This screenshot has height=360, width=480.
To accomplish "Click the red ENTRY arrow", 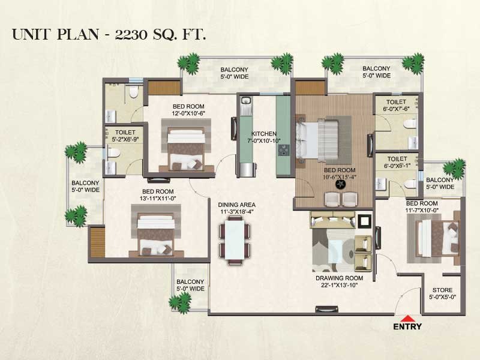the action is [407, 318].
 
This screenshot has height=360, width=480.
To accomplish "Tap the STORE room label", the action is [442, 290].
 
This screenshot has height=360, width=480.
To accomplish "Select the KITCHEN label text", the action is [264, 134].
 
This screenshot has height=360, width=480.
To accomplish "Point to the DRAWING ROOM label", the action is [339, 278].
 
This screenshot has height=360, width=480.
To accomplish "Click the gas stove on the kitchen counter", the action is [283, 150].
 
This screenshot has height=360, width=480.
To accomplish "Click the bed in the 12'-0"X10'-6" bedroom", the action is [186, 149].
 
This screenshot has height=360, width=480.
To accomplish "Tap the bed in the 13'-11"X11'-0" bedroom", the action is [155, 235].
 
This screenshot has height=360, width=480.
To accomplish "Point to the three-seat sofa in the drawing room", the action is [332, 220].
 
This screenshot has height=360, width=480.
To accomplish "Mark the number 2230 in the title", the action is [131, 34].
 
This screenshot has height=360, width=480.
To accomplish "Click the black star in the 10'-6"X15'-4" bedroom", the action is [340, 184].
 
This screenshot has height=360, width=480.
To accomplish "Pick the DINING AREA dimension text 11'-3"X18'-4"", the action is [236, 212].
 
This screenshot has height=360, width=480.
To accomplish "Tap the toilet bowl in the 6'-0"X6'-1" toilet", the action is [410, 184].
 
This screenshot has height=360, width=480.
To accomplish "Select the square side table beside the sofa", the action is [365, 220].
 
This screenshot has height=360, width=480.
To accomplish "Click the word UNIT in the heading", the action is [31, 34].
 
